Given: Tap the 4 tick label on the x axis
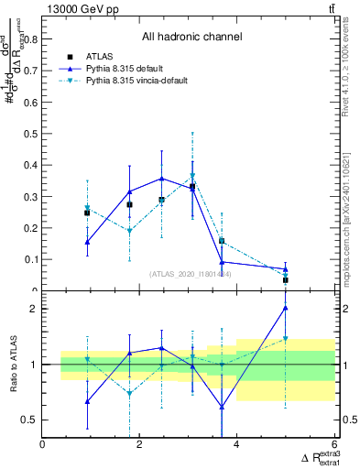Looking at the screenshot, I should [x=237, y=445].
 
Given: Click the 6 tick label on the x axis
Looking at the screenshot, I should [x=334, y=445].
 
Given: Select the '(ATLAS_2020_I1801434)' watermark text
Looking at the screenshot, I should [x=191, y=274].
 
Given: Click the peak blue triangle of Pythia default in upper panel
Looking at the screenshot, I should [x=162, y=179].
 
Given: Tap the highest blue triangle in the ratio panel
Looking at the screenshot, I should [x=286, y=308].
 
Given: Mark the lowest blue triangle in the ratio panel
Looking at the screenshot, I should [x=222, y=408].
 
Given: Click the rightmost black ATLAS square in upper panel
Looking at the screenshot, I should [x=286, y=280].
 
